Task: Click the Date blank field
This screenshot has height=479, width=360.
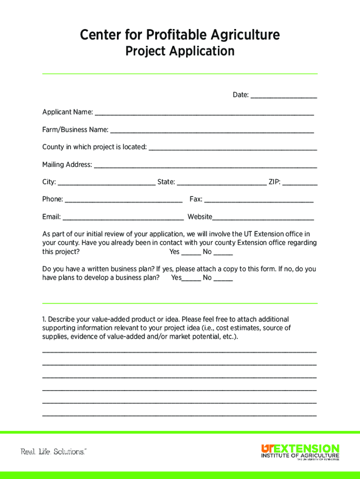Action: pyautogui.click(x=283, y=96)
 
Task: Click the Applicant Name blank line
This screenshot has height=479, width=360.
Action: pyautogui.click(x=204, y=113)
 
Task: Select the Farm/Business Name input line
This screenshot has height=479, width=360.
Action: pyautogui.click(x=212, y=131)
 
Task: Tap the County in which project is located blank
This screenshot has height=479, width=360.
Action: pyautogui.click(x=232, y=148)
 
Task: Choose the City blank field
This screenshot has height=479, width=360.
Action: pyautogui.click(x=107, y=183)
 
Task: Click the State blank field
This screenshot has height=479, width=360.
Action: pyautogui.click(x=222, y=183)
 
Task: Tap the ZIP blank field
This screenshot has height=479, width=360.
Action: pyautogui.click(x=300, y=183)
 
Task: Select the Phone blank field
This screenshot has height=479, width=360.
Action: pyautogui.click(x=123, y=200)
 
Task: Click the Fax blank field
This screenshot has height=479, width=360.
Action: pyautogui.click(x=259, y=200)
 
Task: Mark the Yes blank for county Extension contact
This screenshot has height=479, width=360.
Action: pyautogui.click(x=191, y=253)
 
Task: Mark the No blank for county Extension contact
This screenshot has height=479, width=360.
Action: pyautogui.click(x=223, y=253)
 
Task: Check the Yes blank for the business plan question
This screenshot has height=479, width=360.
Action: pyautogui.click(x=191, y=279)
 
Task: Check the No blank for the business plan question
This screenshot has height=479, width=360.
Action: pyautogui.click(x=223, y=279)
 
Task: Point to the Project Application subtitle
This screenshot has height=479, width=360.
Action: pyautogui.click(x=180, y=51)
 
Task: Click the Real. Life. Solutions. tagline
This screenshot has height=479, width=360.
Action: pyautogui.click(x=54, y=451)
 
